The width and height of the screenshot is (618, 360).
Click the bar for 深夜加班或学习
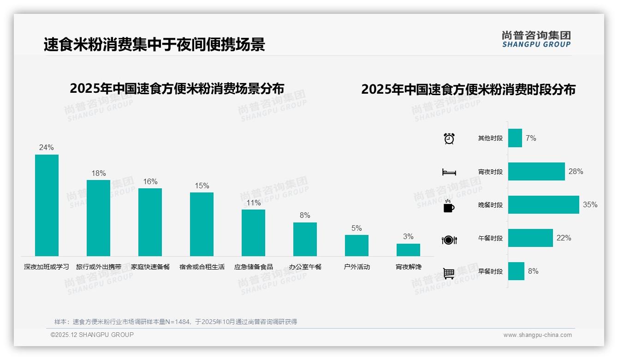click(x=47, y=205)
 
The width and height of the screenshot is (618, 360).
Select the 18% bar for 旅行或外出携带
click(x=98, y=218)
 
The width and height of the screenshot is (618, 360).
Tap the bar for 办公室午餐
click(x=305, y=239)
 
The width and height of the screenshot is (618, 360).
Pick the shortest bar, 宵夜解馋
click(x=408, y=250)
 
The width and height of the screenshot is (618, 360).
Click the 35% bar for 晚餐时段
click(x=543, y=204)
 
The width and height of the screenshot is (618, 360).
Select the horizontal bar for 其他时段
click(x=515, y=138)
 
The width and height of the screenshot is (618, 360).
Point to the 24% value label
click(x=46, y=148)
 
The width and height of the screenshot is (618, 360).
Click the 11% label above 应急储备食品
click(x=253, y=203)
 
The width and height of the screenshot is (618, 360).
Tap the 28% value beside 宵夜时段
click(x=576, y=172)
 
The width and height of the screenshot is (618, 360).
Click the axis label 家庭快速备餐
click(x=150, y=267)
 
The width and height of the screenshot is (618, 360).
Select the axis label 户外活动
click(x=357, y=267)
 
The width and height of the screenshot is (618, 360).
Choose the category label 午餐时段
click(x=490, y=238)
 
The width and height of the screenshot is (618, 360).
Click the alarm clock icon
click(x=449, y=138)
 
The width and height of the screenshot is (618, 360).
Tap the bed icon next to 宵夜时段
click(x=449, y=172)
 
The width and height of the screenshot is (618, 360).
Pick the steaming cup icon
click(x=449, y=206)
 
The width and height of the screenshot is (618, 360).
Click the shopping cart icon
click(x=449, y=273)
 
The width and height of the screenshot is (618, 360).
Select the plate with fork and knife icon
click(x=449, y=240)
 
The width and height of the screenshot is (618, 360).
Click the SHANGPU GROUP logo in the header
click(x=536, y=39)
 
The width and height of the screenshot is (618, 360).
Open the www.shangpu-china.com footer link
click(x=537, y=335)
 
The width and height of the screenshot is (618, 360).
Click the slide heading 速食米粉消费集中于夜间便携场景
click(x=154, y=45)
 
